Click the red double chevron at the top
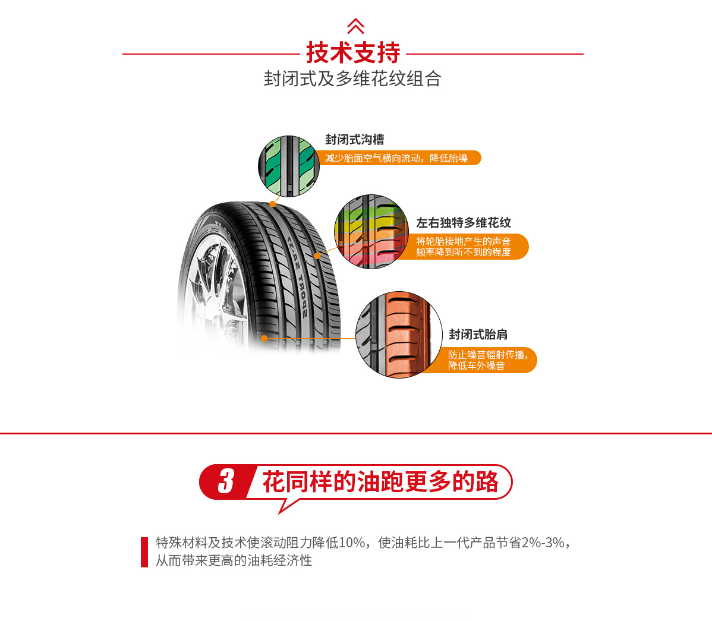(355, 26)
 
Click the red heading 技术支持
(353, 53)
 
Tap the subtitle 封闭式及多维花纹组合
(352, 78)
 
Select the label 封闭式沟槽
(355, 140)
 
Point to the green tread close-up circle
(289, 166)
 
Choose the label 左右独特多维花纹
(464, 223)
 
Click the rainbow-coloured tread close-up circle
(371, 231)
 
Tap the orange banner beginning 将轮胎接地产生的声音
(464, 247)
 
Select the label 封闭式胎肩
(478, 335)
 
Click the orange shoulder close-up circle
(399, 335)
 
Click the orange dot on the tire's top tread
(272, 204)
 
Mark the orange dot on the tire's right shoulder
(317, 256)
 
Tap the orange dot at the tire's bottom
(264, 338)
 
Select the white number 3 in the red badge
(226, 481)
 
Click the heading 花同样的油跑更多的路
(380, 481)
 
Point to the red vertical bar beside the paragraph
(144, 552)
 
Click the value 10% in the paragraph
(352, 543)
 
